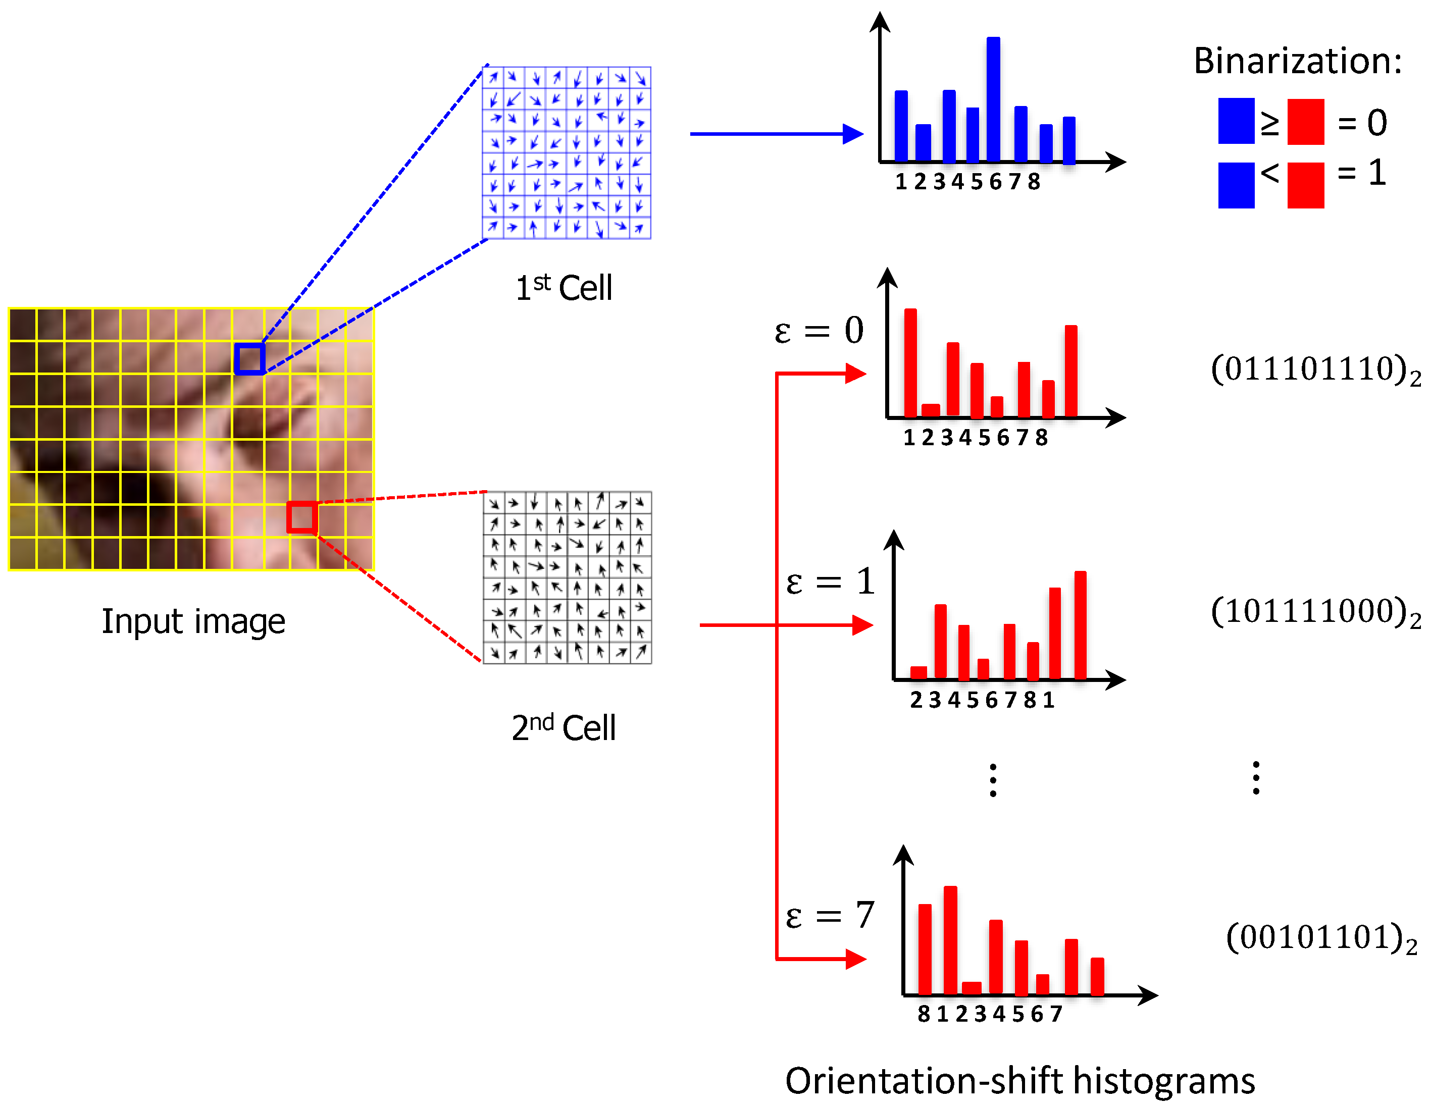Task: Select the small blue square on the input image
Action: coord(249,359)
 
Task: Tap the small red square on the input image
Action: coord(302,517)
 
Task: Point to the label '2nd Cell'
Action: coord(563,727)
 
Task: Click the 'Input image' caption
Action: coord(193,620)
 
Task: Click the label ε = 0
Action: coord(819,330)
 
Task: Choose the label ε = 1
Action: coord(830,582)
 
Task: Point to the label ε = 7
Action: coord(830,915)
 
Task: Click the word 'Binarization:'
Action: coord(1297,61)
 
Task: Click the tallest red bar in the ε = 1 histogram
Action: coord(1081,625)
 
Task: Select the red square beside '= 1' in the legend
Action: coord(1306,185)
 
